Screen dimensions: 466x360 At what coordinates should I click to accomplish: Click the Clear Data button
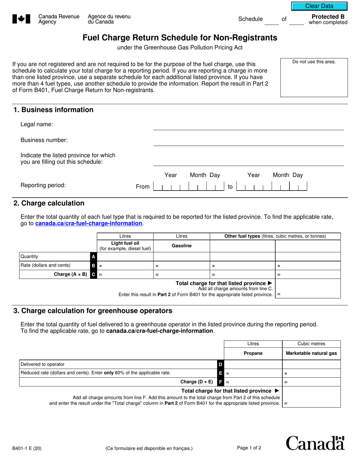(x=319, y=6)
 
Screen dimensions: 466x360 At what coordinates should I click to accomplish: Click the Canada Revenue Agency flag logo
(x=21, y=19)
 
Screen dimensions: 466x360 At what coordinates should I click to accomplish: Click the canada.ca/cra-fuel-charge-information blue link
(x=89, y=224)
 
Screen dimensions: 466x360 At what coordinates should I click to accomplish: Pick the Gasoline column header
(x=182, y=246)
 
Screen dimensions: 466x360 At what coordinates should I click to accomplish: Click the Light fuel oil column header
(x=125, y=246)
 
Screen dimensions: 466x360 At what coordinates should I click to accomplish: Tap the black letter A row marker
(x=94, y=256)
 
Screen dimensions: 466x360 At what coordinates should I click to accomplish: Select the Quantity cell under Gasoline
(x=182, y=256)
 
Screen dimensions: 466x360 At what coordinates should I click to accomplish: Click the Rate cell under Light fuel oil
(x=125, y=266)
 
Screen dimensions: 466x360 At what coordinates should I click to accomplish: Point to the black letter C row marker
(x=94, y=274)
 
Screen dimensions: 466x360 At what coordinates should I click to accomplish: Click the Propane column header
(x=253, y=353)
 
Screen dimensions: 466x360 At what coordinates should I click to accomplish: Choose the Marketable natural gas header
(x=311, y=353)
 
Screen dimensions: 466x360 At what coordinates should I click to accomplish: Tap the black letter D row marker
(x=221, y=364)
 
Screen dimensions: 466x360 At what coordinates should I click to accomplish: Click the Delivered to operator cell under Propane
(x=253, y=364)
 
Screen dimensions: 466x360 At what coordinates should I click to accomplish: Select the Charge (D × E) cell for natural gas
(x=311, y=382)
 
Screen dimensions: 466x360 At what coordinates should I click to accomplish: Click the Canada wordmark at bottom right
(x=315, y=443)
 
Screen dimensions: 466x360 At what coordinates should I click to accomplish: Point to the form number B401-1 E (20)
(x=27, y=449)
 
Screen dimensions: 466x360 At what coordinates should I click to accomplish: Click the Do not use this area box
(x=314, y=78)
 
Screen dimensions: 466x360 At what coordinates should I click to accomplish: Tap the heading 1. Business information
(x=53, y=110)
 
